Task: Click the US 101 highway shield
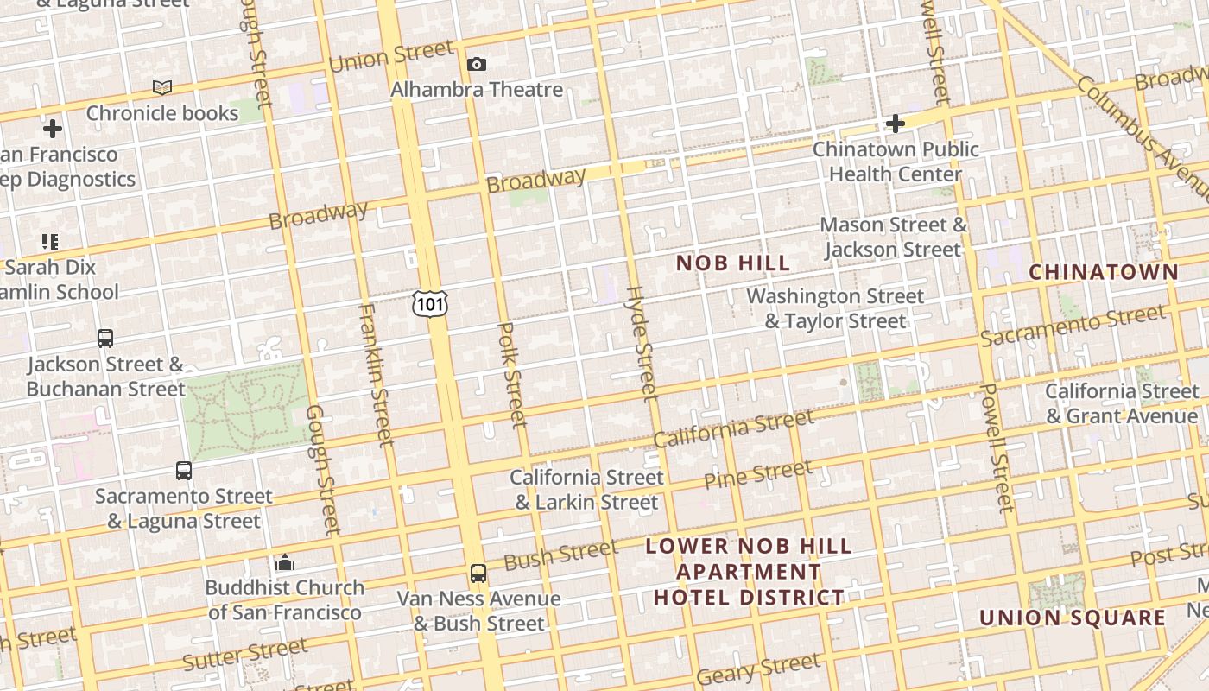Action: pos(429,303)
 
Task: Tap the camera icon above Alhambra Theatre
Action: pos(476,64)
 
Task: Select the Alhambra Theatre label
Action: pos(476,89)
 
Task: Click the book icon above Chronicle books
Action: pos(162,87)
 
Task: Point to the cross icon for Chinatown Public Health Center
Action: pos(895,124)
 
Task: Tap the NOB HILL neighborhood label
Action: pos(732,263)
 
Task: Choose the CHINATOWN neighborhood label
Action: pos(1103,272)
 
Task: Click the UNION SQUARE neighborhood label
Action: pos(1072,618)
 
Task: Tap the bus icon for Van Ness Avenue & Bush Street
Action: pos(478,573)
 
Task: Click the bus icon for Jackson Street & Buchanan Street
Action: pos(105,338)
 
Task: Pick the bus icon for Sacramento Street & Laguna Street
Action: pos(184,470)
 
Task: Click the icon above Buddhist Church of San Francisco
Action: pos(284,563)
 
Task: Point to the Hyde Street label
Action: pos(641,343)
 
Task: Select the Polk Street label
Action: pos(512,375)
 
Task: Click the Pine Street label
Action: pos(757,474)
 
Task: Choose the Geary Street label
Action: pos(757,668)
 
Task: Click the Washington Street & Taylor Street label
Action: pos(835,308)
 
